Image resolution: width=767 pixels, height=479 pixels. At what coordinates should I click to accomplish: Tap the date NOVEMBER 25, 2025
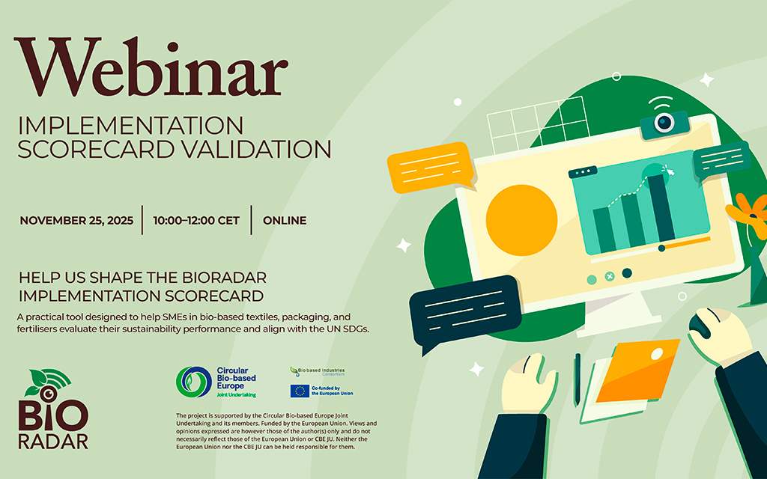[x=76, y=221]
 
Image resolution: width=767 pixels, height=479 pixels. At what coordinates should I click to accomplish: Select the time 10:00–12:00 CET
[x=196, y=221]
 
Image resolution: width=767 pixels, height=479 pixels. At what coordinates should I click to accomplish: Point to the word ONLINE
[x=285, y=221]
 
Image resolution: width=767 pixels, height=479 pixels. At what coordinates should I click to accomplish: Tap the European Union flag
[x=300, y=391]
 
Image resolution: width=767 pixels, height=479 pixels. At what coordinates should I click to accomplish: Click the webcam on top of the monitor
[x=664, y=122]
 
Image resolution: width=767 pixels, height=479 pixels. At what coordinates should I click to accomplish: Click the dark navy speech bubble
[x=464, y=307]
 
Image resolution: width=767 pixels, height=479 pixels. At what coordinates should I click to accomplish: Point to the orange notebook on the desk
[x=637, y=371]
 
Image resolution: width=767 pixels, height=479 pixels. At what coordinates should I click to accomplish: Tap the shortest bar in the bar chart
[x=604, y=229]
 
